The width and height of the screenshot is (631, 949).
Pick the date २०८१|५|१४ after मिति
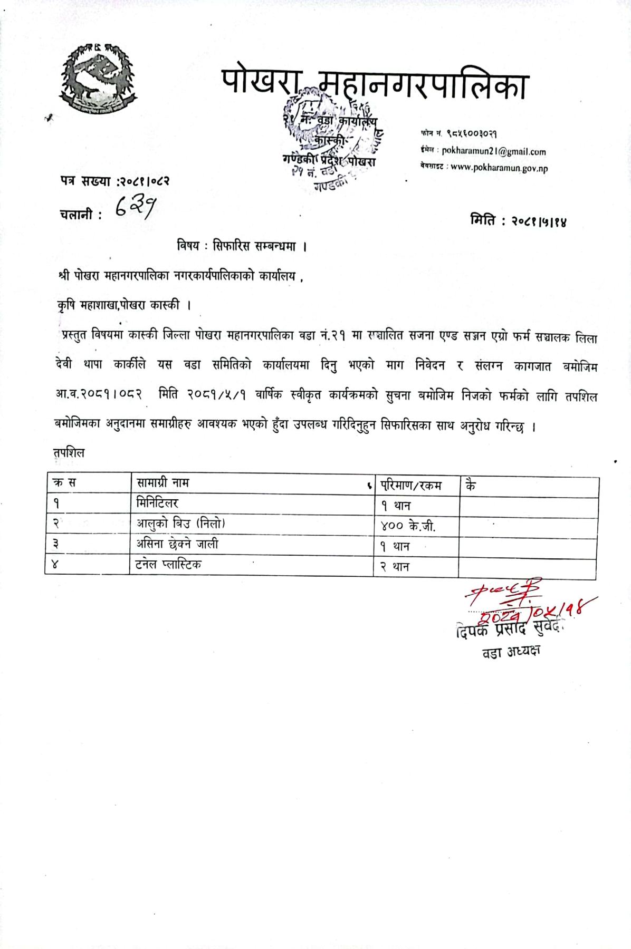tap(539, 221)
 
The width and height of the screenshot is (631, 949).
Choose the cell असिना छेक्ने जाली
tap(177, 544)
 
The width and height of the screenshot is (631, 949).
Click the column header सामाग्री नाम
tap(163, 482)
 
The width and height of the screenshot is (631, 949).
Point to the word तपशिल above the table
tap(69, 453)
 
